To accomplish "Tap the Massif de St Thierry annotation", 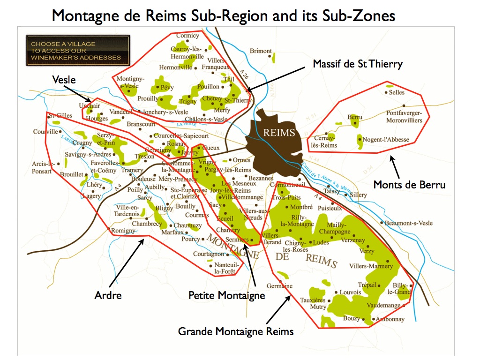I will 358,64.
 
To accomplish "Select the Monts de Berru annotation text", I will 409,185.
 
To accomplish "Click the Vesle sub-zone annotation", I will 64,80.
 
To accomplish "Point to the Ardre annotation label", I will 108,295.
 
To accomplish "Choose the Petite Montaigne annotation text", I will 226,295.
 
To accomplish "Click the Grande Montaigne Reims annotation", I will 236,331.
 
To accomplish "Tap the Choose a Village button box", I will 78,51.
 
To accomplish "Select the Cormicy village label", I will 187,36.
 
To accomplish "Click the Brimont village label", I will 261,51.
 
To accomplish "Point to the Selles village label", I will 397,92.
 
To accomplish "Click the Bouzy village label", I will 352,319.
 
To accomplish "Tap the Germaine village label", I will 279,286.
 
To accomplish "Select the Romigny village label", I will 123,231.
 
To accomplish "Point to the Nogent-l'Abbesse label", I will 386,139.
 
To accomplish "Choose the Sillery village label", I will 358,195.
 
